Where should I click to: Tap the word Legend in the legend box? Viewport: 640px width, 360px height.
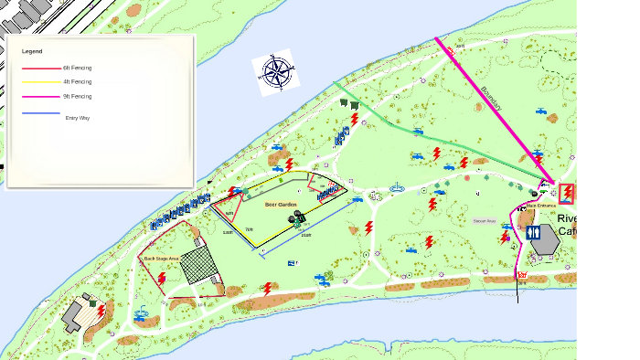(32, 51)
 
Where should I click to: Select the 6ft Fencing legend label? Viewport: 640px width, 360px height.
(77, 68)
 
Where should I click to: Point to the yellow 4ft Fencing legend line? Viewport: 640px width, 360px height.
(40, 82)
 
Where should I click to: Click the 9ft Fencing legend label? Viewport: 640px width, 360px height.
(77, 96)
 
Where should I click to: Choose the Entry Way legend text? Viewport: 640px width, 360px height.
(78, 118)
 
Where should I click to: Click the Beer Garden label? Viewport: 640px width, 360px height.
(281, 204)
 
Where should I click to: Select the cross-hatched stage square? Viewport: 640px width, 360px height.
(199, 266)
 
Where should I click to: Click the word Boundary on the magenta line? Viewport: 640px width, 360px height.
(491, 99)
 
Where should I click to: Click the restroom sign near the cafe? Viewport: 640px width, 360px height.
(534, 233)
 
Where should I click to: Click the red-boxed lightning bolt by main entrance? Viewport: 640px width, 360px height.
(568, 192)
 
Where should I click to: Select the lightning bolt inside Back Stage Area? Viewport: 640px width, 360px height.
(162, 278)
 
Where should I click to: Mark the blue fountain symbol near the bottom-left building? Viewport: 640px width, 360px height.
(142, 314)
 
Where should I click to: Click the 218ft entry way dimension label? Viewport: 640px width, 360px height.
(307, 236)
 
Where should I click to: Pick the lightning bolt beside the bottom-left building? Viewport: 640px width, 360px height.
(101, 312)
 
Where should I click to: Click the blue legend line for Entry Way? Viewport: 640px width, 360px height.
(40, 113)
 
